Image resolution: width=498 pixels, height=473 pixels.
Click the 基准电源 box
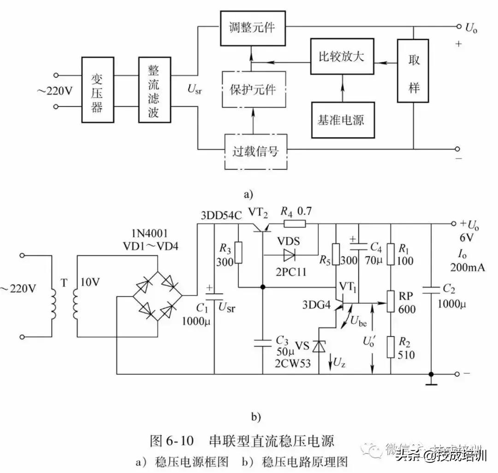[342, 119]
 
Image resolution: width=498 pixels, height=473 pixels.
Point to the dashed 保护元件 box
[252, 89]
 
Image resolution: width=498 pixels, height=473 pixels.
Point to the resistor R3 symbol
[238, 252]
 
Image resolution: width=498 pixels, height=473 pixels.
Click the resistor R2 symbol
[391, 346]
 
